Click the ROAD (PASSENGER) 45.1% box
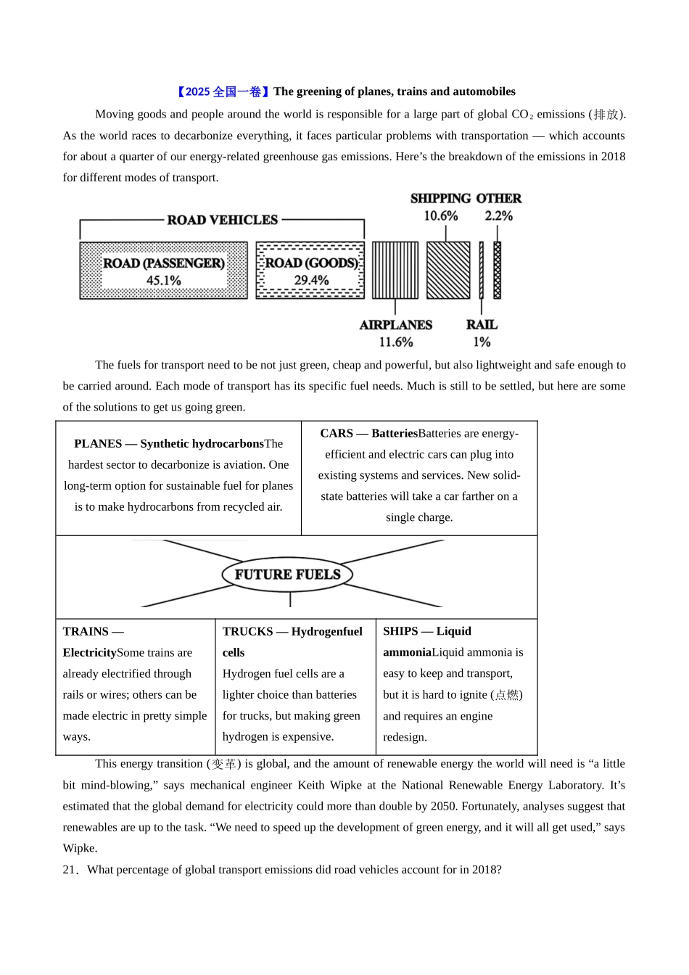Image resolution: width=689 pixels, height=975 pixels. tap(163, 271)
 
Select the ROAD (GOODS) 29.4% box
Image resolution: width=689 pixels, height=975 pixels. tap(310, 271)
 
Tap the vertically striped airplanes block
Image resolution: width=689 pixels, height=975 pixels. tap(395, 270)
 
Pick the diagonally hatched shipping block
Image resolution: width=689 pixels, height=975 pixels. tap(448, 270)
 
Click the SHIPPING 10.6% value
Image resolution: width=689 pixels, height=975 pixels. tap(440, 216)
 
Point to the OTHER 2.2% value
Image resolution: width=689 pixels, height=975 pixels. tap(498, 216)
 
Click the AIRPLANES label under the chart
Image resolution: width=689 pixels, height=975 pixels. tap(395, 325)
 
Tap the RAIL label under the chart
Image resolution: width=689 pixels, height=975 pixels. tap(482, 325)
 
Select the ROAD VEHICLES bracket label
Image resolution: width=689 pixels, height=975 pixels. tap(222, 220)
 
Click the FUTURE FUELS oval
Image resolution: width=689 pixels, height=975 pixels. tap(287, 575)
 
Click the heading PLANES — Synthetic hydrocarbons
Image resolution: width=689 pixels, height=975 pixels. tap(168, 443)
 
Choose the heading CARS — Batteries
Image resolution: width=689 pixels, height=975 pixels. tap(369, 433)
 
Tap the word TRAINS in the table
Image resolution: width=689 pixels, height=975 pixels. tap(86, 631)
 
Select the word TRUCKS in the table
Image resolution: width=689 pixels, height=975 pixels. tap(247, 631)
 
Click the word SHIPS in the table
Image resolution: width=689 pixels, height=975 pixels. tap(400, 631)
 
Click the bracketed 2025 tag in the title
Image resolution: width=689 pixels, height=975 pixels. tap(223, 91)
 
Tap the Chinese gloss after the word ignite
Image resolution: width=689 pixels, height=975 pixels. tap(507, 694)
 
